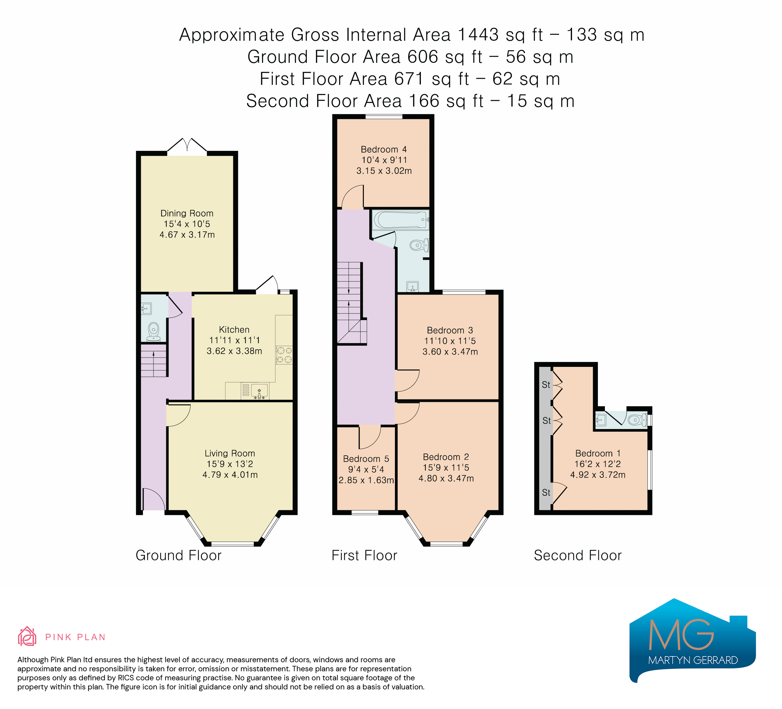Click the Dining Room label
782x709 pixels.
click(x=187, y=213)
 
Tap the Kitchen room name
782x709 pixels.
click(x=234, y=330)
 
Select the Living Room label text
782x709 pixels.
click(x=230, y=453)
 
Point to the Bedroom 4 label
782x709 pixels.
click(x=384, y=149)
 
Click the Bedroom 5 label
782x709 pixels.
click(x=366, y=459)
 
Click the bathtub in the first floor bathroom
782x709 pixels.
click(x=401, y=220)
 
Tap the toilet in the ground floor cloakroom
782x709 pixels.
click(x=154, y=331)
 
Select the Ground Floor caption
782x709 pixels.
click(x=178, y=555)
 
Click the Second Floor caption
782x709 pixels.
click(x=577, y=555)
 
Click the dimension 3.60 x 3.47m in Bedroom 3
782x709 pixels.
click(x=450, y=352)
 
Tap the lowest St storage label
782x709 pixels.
click(x=546, y=493)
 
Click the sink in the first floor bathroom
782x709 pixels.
click(x=413, y=287)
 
